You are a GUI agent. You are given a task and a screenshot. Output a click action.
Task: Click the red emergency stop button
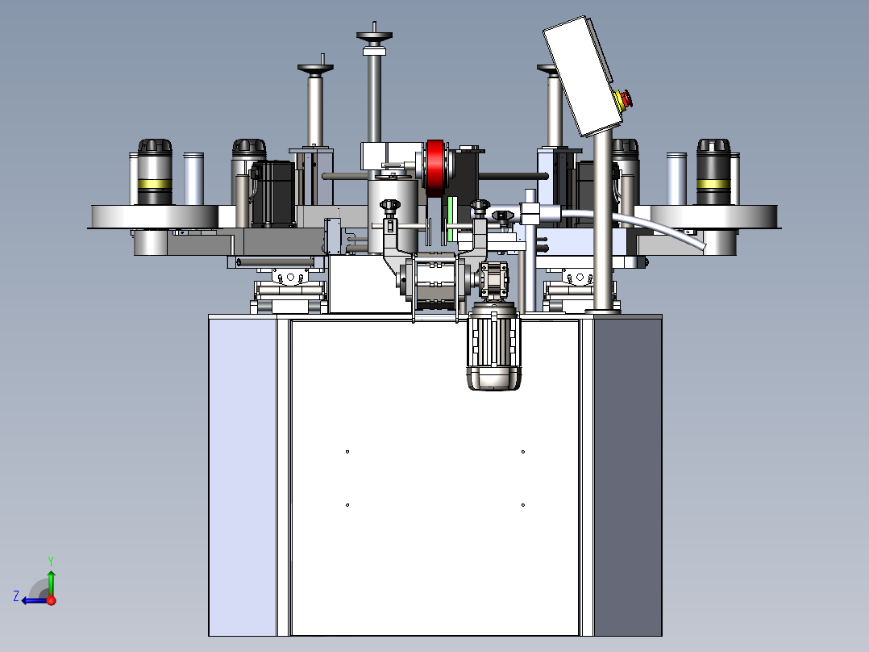click(x=624, y=99)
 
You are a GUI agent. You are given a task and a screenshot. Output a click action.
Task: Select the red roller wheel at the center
click(x=435, y=168)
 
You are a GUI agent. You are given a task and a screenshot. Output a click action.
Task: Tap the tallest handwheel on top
click(x=374, y=36)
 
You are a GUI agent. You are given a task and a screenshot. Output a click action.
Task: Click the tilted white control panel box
click(x=578, y=76)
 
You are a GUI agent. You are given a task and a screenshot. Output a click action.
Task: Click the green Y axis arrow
click(x=51, y=576)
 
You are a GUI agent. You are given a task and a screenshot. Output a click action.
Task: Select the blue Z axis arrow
click(x=35, y=600)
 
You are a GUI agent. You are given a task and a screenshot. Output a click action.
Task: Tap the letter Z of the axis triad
click(x=16, y=596)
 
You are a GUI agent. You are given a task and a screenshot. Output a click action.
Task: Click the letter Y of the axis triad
click(x=51, y=561)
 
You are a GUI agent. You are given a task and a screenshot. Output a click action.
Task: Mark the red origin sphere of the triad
click(x=52, y=600)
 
